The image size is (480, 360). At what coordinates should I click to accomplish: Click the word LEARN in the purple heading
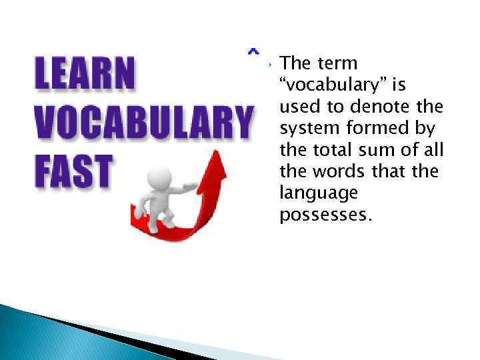(84, 75)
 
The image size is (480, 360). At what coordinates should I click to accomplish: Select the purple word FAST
(73, 171)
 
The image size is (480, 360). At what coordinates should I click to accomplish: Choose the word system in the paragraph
(304, 128)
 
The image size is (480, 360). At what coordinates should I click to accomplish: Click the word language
(309, 193)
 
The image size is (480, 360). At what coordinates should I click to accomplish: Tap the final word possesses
(322, 215)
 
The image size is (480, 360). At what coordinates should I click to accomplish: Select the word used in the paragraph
(296, 107)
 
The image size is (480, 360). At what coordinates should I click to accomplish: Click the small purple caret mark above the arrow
(253, 51)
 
